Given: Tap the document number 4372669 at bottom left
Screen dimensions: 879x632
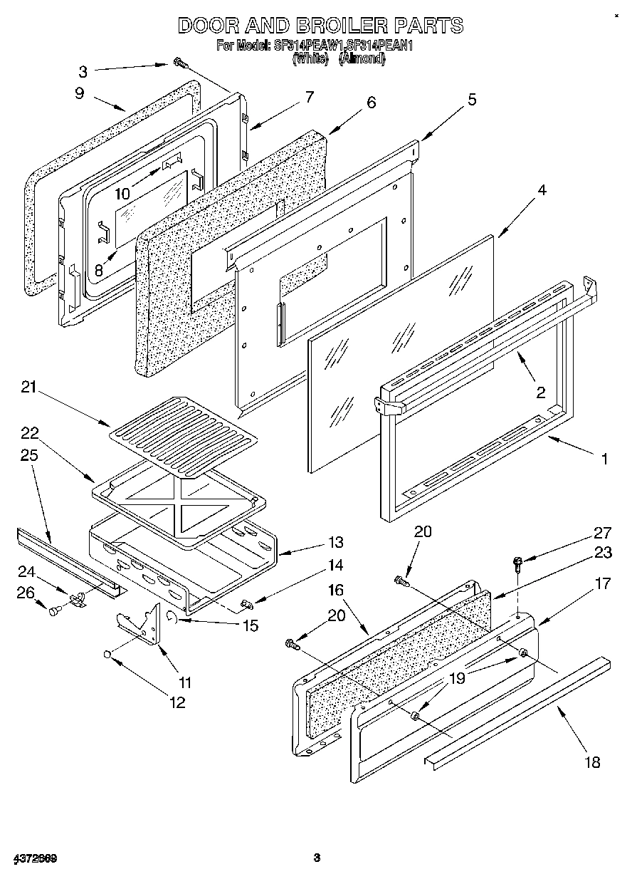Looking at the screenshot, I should (34, 857).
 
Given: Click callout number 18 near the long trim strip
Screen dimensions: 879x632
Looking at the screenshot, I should (591, 763).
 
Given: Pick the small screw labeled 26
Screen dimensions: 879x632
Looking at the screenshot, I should (55, 610).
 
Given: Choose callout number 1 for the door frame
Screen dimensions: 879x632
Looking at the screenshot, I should (604, 459).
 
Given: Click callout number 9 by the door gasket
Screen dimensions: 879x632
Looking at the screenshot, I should (79, 93).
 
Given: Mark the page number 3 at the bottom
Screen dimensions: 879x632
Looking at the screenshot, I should (317, 857).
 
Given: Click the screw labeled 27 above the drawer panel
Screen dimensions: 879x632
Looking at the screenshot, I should (517, 565).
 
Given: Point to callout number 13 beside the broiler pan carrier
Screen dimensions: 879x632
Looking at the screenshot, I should (335, 543).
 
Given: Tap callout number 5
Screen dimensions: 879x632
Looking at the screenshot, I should (472, 100).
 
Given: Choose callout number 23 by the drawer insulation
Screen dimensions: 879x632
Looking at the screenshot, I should (602, 553).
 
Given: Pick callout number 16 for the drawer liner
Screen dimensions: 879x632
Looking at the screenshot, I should (335, 591).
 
